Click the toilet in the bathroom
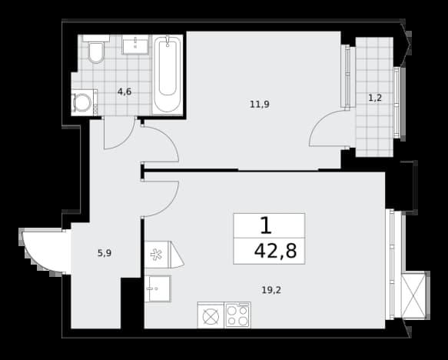(96, 49)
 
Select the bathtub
(168, 75)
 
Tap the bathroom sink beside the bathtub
(135, 45)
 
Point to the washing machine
(85, 102)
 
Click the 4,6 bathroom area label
(124, 92)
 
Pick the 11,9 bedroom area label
(260, 105)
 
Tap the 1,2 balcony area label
(375, 98)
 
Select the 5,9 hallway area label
(105, 253)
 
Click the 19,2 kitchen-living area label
(271, 290)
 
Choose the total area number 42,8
(275, 251)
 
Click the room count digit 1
(266, 225)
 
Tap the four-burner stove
(237, 315)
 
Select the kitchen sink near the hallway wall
(158, 288)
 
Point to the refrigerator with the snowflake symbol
(164, 255)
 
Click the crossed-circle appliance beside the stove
(211, 315)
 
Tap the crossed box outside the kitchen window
(413, 296)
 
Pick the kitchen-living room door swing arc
(172, 204)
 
